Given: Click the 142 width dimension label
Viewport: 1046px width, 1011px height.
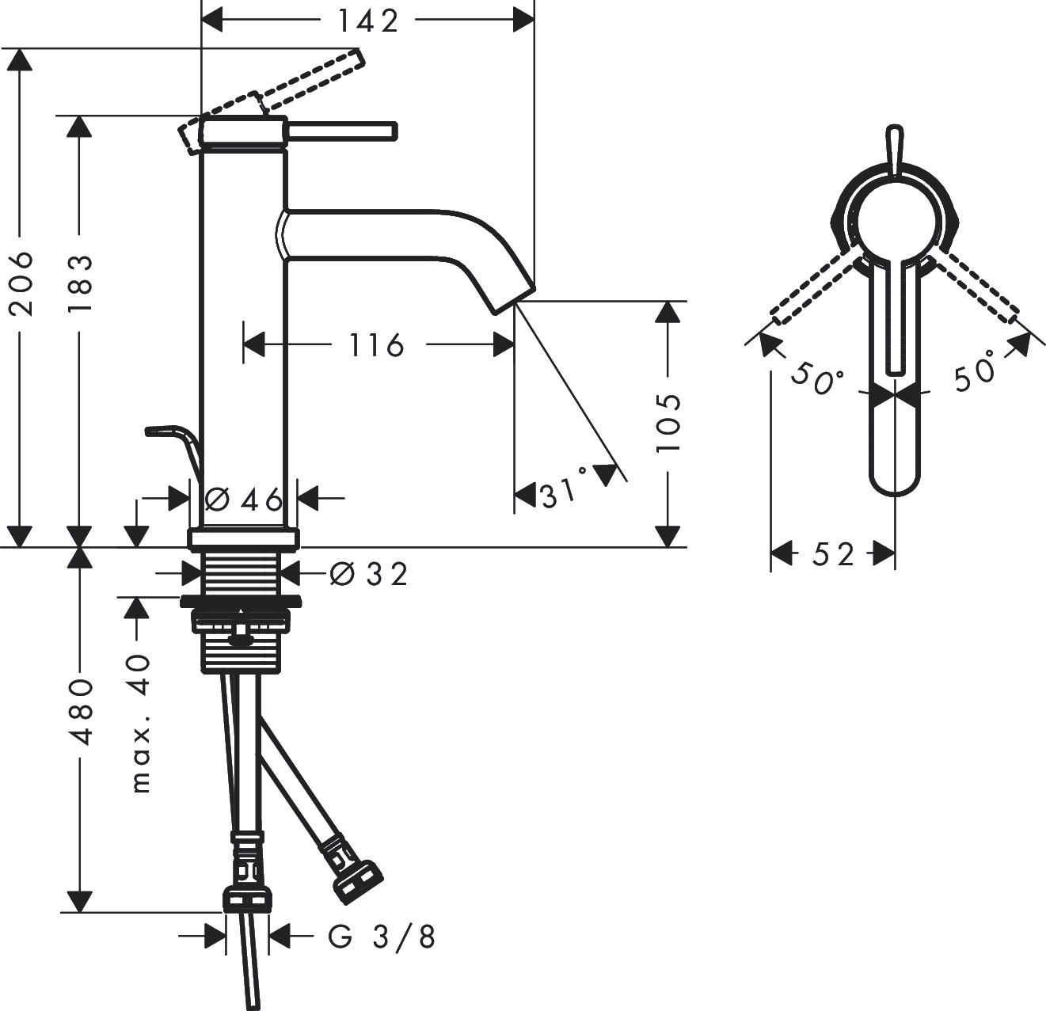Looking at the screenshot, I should [369, 21].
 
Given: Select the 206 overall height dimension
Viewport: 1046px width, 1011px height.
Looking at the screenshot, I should [21, 283].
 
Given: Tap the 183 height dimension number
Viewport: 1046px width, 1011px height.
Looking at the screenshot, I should [80, 283].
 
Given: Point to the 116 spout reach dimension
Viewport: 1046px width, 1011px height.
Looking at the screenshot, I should [376, 344].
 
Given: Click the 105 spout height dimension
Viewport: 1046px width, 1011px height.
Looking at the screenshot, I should [669, 422].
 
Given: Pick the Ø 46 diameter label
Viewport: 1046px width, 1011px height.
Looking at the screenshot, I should [243, 499].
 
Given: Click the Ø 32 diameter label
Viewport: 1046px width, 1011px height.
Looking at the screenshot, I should [369, 573].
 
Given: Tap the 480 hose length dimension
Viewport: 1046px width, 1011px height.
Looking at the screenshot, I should [80, 710].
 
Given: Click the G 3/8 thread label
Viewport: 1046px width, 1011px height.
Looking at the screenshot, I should [382, 937].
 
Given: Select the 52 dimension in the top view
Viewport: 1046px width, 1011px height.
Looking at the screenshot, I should [833, 554].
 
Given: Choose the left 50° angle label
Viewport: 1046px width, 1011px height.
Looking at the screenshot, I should [817, 378].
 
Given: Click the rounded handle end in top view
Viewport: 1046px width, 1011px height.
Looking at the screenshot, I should [894, 479].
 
